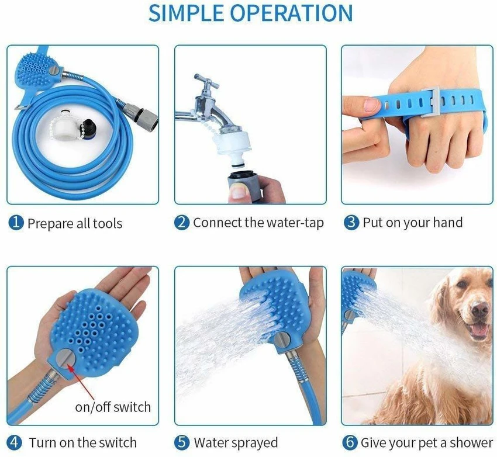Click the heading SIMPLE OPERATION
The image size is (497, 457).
250,13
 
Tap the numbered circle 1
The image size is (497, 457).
16,223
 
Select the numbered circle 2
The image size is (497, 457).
182,223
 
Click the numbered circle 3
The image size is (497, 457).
351,223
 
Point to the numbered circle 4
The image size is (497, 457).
15,442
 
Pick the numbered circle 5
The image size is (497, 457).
182,442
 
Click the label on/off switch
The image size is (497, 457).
113,407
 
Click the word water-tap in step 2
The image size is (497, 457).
295,223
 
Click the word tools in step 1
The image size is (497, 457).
107,223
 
